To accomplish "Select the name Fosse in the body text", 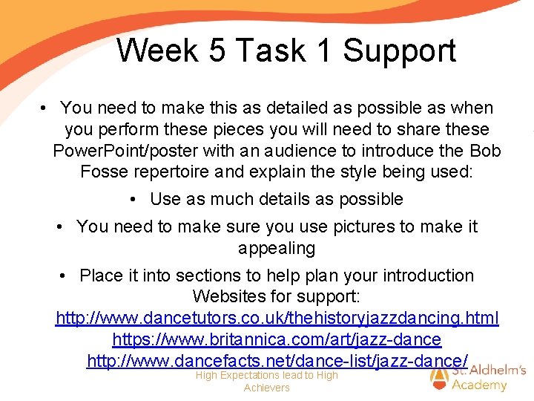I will [x=104, y=172].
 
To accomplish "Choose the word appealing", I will [x=276, y=248].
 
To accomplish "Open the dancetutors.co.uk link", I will [x=277, y=319].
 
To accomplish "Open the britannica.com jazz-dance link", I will [x=277, y=340].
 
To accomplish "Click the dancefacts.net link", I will [x=277, y=361].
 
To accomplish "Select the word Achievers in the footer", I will [x=267, y=388].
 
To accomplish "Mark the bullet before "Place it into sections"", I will [x=65, y=276].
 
